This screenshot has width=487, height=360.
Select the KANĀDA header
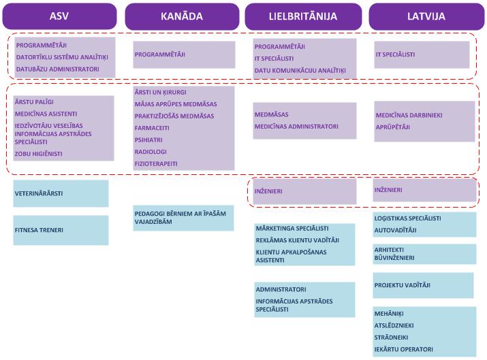(182, 16)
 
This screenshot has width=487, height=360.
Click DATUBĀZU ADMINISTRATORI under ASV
(58, 69)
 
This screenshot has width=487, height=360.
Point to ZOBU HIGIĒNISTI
(38, 154)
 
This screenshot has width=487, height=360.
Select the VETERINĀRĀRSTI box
(61, 193)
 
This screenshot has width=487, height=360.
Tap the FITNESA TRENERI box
(61, 230)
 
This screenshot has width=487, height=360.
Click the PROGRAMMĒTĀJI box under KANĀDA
(184, 54)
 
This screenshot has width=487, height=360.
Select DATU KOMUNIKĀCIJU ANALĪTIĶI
(300, 70)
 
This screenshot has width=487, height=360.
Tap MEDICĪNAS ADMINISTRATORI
(296, 127)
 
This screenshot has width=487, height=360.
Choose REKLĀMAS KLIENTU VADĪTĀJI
(297, 240)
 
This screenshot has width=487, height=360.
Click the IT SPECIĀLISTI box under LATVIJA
(422, 54)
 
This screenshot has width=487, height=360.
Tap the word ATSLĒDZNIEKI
(394, 325)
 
